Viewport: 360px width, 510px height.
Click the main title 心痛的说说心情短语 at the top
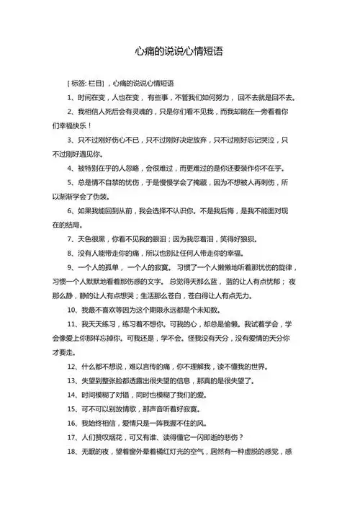179,52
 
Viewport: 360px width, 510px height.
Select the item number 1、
71,97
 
